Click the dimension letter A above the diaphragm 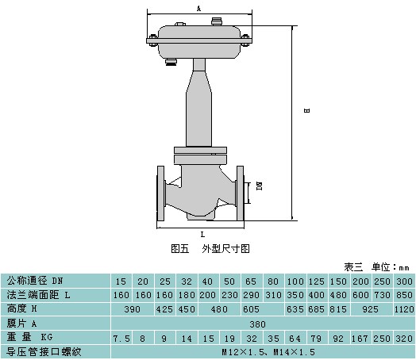pyautogui.click(x=198, y=9)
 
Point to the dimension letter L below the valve pyautogui.click(x=202, y=235)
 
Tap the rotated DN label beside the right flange pyautogui.click(x=259, y=186)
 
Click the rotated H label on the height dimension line pyautogui.click(x=306, y=110)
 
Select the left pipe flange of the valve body pyautogui.click(x=160, y=193)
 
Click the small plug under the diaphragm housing pyautogui.click(x=171, y=63)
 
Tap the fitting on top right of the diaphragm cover pyautogui.click(x=218, y=21)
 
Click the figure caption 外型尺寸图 pyautogui.click(x=225, y=249)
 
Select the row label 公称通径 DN pyautogui.click(x=35, y=281)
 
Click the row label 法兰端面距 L pyautogui.click(x=39, y=295)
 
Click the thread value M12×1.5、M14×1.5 pyautogui.click(x=268, y=352)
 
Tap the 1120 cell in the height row pyautogui.click(x=404, y=309)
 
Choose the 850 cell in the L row pyautogui.click(x=404, y=295)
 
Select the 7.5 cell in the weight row pyautogui.click(x=121, y=339)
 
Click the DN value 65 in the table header pyautogui.click(x=251, y=281)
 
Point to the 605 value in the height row pyautogui.click(x=251, y=309)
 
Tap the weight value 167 pyautogui.click(x=360, y=339)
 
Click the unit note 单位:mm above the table pyautogui.click(x=391, y=267)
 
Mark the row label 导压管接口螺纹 pyautogui.click(x=44, y=352)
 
